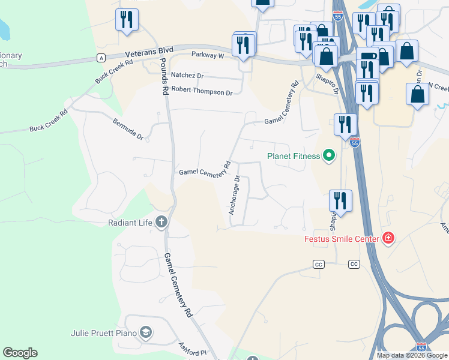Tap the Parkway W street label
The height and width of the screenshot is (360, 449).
[208, 55]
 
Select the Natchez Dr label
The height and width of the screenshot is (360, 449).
[187, 76]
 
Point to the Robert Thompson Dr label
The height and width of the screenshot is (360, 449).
[202, 92]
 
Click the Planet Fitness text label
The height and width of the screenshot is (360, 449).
[294, 157]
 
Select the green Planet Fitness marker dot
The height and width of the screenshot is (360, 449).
[328, 157]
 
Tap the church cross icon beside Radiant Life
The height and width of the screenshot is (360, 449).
[161, 223]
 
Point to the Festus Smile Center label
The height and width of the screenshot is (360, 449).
[340, 239]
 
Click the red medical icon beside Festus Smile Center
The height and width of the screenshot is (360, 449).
[388, 239]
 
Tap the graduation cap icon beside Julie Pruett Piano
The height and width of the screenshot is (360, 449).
[145, 332]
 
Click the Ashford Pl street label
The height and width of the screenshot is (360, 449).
[192, 349]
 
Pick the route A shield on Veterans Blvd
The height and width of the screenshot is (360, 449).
[101, 58]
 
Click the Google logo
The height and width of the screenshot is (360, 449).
[20, 353]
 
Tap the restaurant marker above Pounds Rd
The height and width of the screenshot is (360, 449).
[127, 20]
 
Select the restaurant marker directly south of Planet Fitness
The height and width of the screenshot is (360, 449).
[340, 201]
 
